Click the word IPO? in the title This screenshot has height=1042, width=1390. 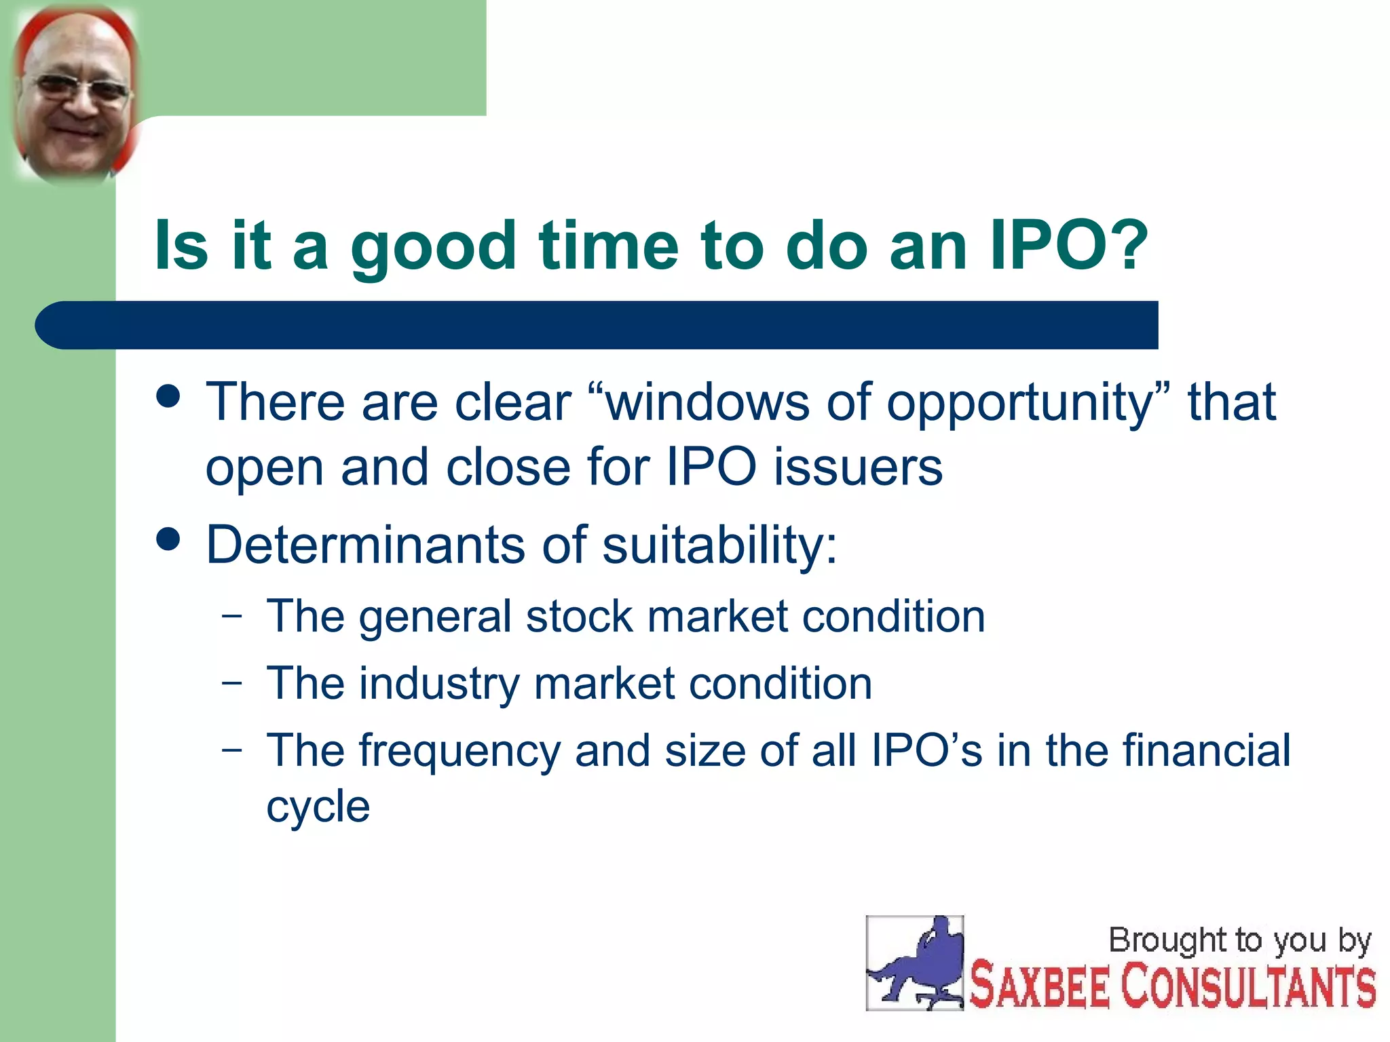point(1068,246)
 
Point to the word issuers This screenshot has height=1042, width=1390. point(858,467)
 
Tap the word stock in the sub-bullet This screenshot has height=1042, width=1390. point(579,617)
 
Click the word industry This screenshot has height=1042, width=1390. point(439,684)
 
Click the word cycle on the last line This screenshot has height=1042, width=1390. point(318,808)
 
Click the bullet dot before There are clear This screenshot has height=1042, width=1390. point(168,396)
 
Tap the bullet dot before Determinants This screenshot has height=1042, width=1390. point(168,539)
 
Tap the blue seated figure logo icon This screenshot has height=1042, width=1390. point(914,963)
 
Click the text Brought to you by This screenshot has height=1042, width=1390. point(1239,941)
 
